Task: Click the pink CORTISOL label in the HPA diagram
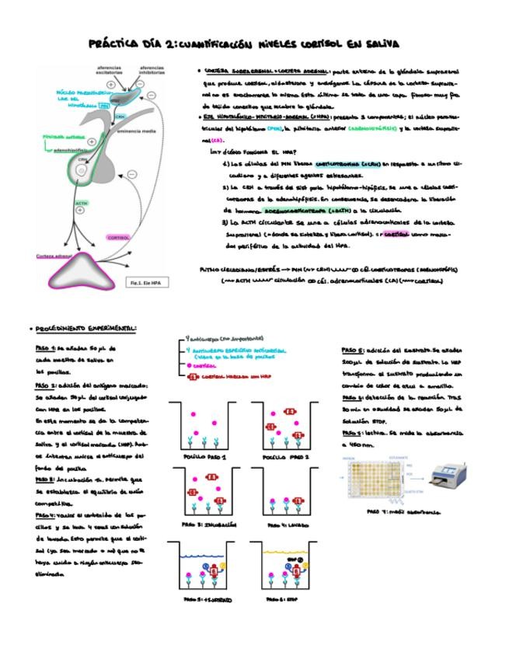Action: (118, 237)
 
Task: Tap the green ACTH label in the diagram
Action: (82, 204)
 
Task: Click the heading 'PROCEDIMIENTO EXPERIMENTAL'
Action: (84, 327)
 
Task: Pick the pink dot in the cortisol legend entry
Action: (189, 364)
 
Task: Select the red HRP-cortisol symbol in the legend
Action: (191, 376)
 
